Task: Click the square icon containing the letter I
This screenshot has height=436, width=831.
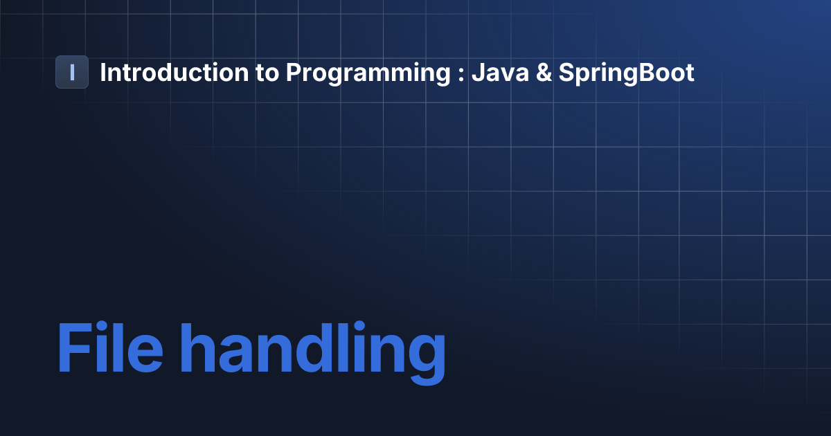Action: point(72,72)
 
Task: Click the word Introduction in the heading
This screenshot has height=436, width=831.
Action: point(175,72)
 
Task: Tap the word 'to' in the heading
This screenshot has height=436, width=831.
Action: point(267,73)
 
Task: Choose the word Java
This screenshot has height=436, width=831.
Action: point(500,72)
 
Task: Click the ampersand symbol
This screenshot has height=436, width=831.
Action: point(544,72)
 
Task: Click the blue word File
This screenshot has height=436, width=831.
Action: point(110,347)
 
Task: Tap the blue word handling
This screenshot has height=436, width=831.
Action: point(313,352)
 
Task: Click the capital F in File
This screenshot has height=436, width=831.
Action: point(75,347)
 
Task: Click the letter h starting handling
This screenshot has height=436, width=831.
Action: point(197,347)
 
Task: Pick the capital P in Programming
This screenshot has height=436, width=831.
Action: point(294,72)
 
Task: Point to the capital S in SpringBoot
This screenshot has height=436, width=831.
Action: point(567,72)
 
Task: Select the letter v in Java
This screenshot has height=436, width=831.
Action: point(508,75)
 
